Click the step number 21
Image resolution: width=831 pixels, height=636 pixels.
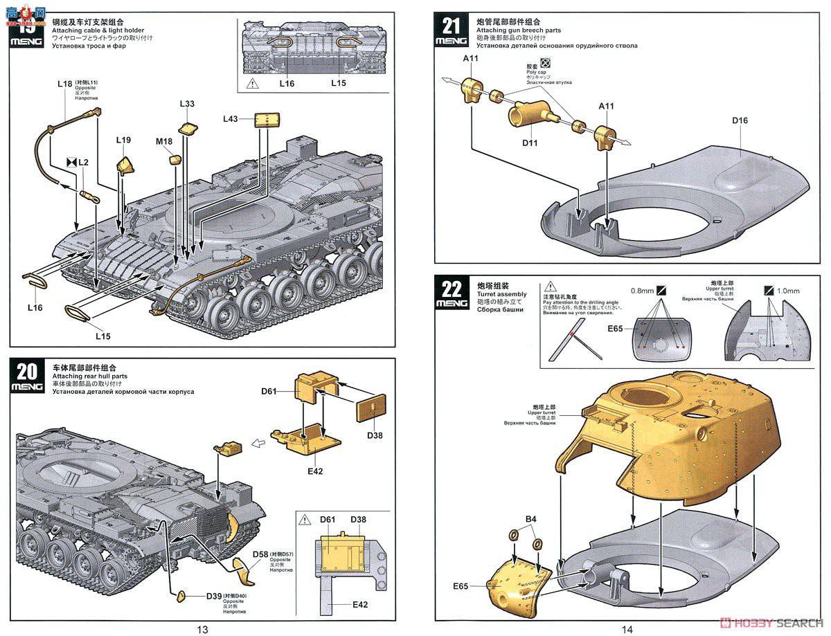pyautogui.click(x=451, y=26)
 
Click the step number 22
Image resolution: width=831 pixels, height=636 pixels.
pyautogui.click(x=451, y=289)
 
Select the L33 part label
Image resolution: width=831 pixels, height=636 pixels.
pyautogui.click(x=187, y=104)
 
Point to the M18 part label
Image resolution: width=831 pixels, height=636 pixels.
pyautogui.click(x=164, y=141)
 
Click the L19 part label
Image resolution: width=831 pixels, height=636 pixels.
pyautogui.click(x=123, y=140)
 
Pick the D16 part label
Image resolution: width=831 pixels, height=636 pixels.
pyautogui.click(x=740, y=120)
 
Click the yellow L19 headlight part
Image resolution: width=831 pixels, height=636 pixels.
pyautogui.click(x=126, y=166)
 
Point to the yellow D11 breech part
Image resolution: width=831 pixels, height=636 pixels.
pyautogui.click(x=530, y=113)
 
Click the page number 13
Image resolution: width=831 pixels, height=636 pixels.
pyautogui.click(x=202, y=629)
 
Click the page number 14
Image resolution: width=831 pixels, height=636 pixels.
pyautogui.click(x=627, y=629)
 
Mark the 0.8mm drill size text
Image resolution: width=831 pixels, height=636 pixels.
pyautogui.click(x=642, y=290)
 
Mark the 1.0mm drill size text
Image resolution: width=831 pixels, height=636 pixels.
pyautogui.click(x=788, y=291)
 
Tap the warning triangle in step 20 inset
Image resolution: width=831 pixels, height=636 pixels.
pyautogui.click(x=306, y=519)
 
